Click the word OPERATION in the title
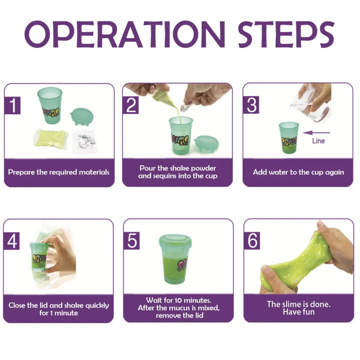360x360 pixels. point(125,34)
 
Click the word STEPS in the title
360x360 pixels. point(286,34)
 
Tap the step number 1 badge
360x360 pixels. point(12,105)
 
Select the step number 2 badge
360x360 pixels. point(130,105)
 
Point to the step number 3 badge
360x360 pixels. point(251,105)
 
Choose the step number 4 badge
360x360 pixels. point(11,241)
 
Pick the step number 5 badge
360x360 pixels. point(132,241)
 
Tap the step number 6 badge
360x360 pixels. point(252,241)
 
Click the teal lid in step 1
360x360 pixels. point(82,116)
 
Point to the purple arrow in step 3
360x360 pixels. point(316,133)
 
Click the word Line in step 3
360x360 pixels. point(318,141)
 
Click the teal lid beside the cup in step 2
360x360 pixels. point(206,144)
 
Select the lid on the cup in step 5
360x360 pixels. point(175,242)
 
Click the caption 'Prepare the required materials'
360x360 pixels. point(59,172)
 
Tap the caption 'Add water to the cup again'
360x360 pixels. point(298,172)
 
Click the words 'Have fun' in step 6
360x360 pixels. point(299,312)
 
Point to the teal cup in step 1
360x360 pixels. point(50,105)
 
